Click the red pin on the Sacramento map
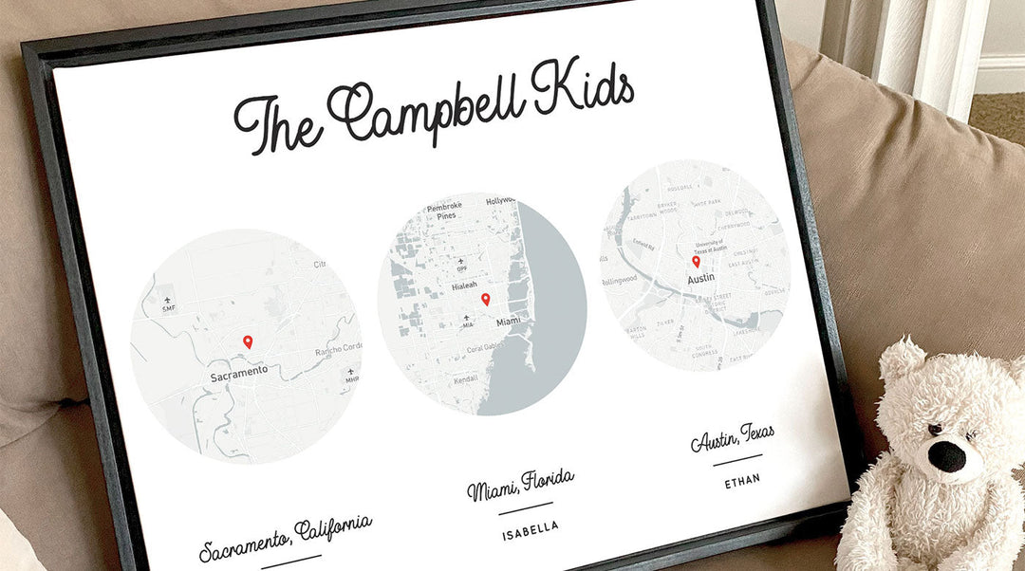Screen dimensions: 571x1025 point(248,341)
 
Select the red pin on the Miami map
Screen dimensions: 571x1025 point(486,300)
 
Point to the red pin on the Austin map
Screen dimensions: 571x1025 point(696,261)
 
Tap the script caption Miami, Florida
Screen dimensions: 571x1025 point(520,485)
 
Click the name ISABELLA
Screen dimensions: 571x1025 point(531,527)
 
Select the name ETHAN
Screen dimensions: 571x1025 point(742,481)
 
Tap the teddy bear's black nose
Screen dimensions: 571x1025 point(945,456)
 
